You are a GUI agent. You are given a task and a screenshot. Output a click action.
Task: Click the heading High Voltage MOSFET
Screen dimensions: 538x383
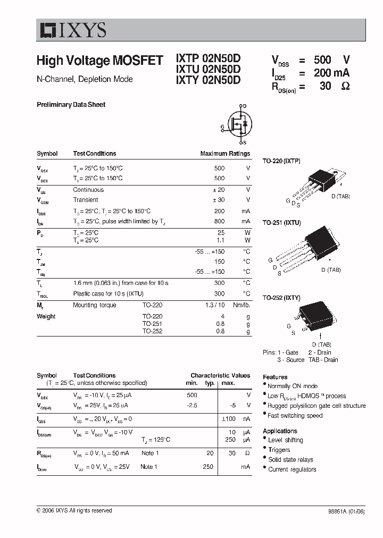pyautogui.click(x=99, y=61)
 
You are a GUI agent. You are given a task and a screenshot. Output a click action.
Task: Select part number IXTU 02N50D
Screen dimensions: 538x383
pyautogui.click(x=208, y=70)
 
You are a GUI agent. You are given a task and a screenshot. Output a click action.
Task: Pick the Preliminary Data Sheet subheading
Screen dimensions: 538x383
pyautogui.click(x=71, y=105)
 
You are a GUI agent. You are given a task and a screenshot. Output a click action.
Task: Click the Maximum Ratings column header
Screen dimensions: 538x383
pyautogui.click(x=225, y=154)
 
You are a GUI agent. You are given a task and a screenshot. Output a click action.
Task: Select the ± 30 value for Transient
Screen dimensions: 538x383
pyautogui.click(x=218, y=200)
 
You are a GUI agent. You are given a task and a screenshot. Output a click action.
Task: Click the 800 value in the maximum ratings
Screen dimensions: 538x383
pyautogui.click(x=219, y=221)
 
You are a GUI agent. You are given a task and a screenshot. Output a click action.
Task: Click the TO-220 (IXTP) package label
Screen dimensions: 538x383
pyautogui.click(x=281, y=161)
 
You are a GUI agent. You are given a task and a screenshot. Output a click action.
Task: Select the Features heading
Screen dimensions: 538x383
pyautogui.click(x=275, y=376)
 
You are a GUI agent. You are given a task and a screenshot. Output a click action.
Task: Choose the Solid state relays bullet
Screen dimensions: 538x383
pyautogui.click(x=290, y=459)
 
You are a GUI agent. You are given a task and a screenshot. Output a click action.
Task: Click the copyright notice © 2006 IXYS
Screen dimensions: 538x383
pyautogui.click(x=74, y=510)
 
